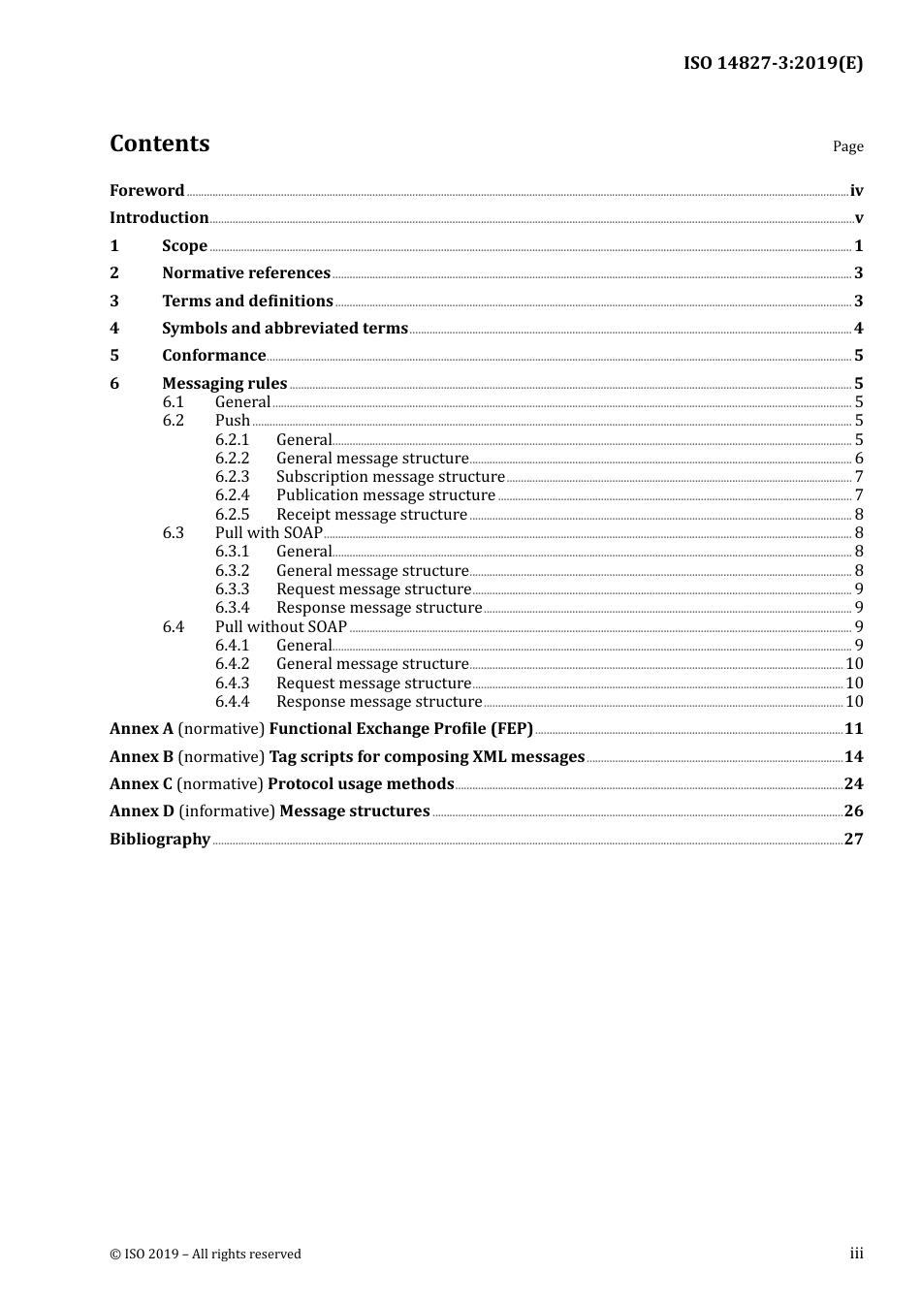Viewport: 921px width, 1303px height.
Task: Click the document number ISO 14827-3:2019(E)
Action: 773,64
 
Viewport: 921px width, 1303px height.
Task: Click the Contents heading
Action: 159,143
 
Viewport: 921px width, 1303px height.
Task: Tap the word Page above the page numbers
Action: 847,146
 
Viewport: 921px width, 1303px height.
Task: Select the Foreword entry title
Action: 146,191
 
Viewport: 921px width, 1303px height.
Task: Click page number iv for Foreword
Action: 856,191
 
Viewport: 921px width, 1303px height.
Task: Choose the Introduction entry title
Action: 159,218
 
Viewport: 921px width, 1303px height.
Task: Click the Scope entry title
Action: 184,246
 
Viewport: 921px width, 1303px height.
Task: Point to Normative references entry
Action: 246,273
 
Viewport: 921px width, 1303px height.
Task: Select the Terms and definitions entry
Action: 247,302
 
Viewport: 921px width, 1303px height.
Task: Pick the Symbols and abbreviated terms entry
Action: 285,329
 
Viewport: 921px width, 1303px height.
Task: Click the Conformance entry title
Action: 213,356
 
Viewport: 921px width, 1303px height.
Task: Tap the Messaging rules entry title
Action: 224,384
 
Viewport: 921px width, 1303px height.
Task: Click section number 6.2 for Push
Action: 174,421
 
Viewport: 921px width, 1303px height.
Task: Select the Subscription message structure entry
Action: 390,477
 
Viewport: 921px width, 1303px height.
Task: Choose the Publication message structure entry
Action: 385,495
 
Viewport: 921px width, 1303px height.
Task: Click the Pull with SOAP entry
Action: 269,533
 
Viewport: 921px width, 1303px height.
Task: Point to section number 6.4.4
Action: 232,702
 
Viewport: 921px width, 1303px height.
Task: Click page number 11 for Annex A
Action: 853,729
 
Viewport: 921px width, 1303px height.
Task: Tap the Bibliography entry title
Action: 160,840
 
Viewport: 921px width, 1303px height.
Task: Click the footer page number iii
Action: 856,1254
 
